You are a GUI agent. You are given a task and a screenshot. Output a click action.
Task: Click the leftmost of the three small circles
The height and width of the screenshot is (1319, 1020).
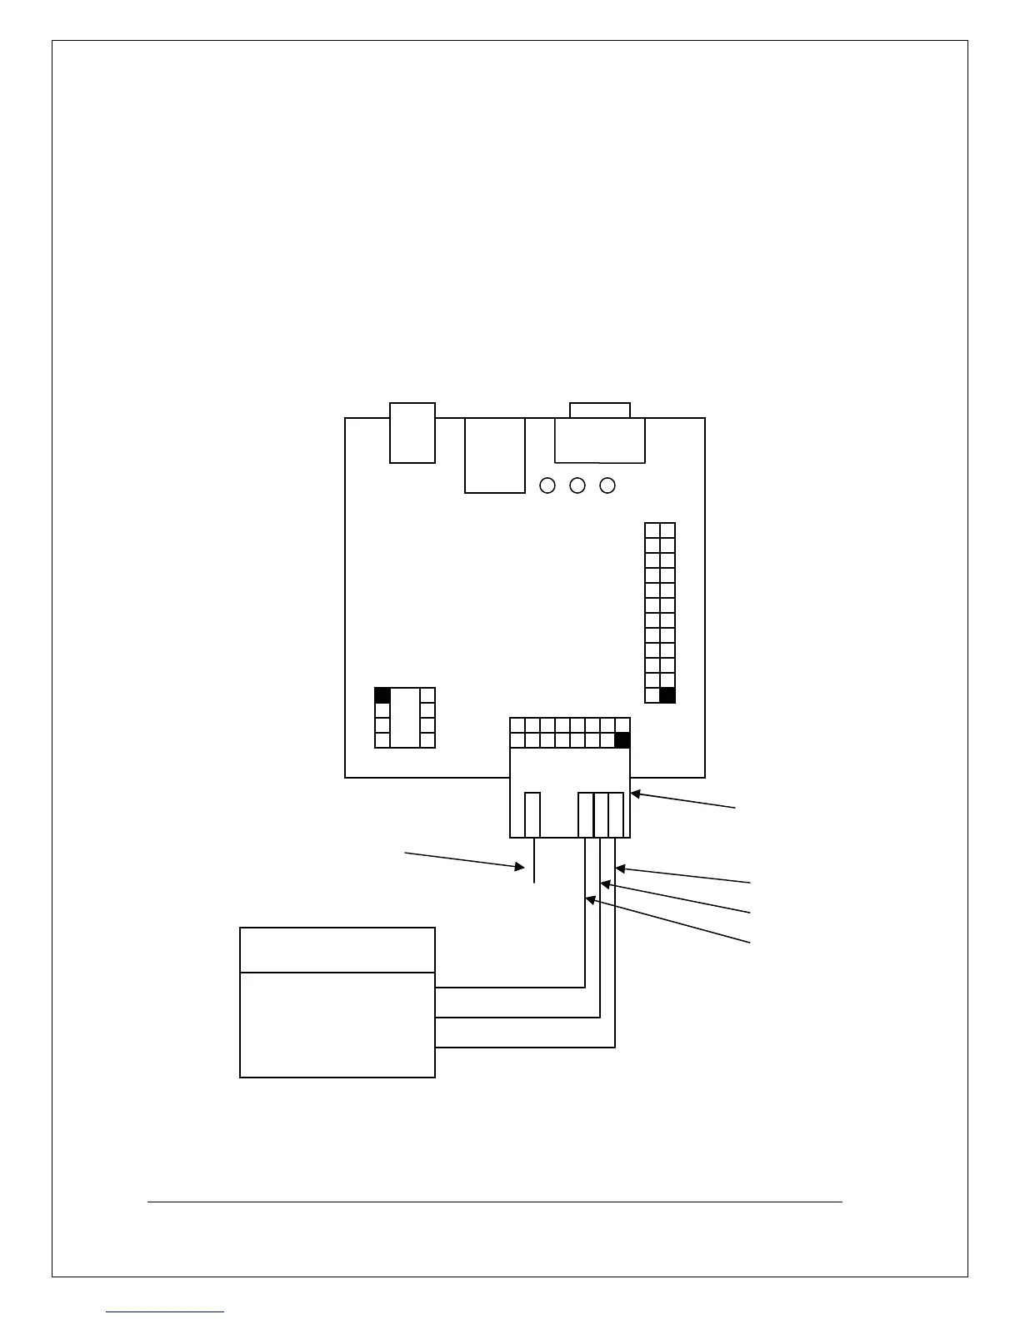(547, 485)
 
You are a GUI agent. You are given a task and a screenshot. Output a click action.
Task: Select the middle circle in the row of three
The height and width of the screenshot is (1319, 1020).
(577, 485)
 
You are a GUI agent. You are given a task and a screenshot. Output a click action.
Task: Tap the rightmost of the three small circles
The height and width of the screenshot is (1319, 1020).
(607, 485)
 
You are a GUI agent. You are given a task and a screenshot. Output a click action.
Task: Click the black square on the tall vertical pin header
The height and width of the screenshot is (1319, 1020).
(667, 695)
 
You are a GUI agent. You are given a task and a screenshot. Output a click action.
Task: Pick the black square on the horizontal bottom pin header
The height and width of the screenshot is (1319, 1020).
(622, 740)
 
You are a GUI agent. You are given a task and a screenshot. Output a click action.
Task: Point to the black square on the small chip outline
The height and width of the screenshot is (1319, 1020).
(382, 695)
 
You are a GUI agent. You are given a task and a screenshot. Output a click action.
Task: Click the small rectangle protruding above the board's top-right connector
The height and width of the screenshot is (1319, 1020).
(600, 410)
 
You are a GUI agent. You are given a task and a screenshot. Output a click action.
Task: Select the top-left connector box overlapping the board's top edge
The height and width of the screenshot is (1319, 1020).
(412, 432)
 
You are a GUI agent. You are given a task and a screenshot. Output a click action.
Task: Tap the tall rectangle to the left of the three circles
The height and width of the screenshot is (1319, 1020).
(495, 455)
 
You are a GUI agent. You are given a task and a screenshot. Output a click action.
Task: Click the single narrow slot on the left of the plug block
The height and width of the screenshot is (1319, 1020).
(532, 814)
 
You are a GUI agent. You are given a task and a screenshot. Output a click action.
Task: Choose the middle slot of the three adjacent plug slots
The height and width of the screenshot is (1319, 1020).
(601, 814)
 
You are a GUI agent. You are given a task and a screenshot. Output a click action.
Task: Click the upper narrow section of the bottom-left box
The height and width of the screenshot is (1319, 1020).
(337, 949)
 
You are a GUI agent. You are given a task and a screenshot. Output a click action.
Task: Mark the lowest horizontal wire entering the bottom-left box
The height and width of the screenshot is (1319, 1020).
(525, 1047)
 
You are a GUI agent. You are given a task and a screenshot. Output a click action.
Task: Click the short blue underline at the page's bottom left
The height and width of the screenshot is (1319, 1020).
(165, 1312)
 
